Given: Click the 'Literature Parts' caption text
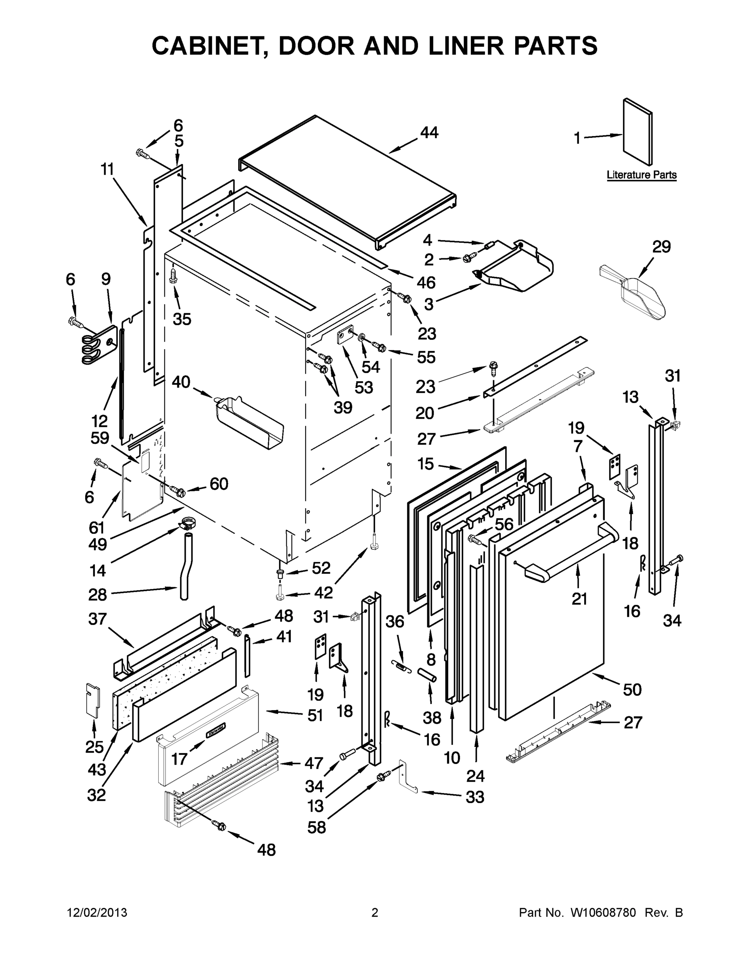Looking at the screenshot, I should [641, 175].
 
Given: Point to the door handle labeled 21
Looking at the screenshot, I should [573, 551].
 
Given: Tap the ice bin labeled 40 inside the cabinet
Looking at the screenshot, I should [248, 422].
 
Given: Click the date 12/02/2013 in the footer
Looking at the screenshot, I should [97, 913].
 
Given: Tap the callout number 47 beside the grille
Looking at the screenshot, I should [313, 763].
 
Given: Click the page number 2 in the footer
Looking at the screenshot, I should [375, 913].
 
